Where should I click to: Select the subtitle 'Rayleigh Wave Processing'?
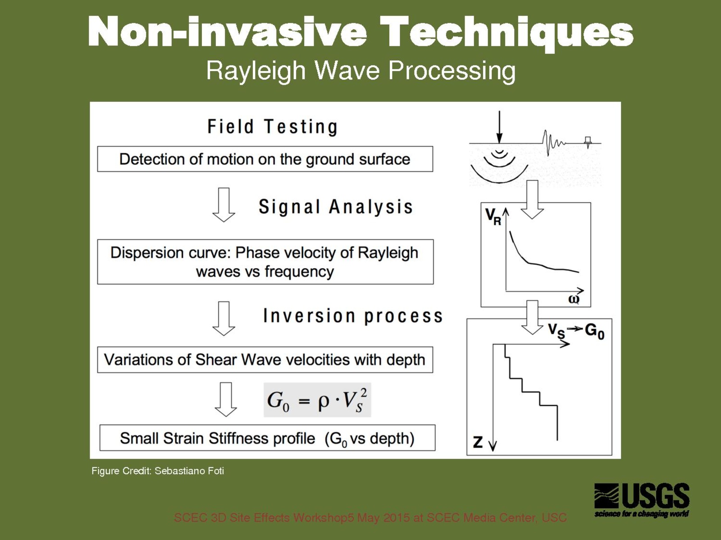point(360,72)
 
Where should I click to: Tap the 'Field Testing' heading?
point(272,127)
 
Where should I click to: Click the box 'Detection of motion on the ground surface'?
point(265,159)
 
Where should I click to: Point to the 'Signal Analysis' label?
point(335,207)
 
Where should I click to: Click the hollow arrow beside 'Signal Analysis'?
point(224,205)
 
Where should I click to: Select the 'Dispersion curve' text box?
point(265,261)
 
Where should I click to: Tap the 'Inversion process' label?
point(353,316)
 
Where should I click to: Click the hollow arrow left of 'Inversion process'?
point(224,319)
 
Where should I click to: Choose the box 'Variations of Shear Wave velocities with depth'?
point(265,360)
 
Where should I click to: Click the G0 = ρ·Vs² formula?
point(317,400)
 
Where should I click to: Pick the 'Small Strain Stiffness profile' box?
point(267,438)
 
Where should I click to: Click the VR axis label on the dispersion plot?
point(493,217)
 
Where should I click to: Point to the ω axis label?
point(574,299)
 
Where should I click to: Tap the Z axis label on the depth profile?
point(478,442)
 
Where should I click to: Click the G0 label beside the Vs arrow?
point(594,332)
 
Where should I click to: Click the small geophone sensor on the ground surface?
point(588,142)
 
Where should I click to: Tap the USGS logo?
point(642,500)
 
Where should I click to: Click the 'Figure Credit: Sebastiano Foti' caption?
point(158,471)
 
